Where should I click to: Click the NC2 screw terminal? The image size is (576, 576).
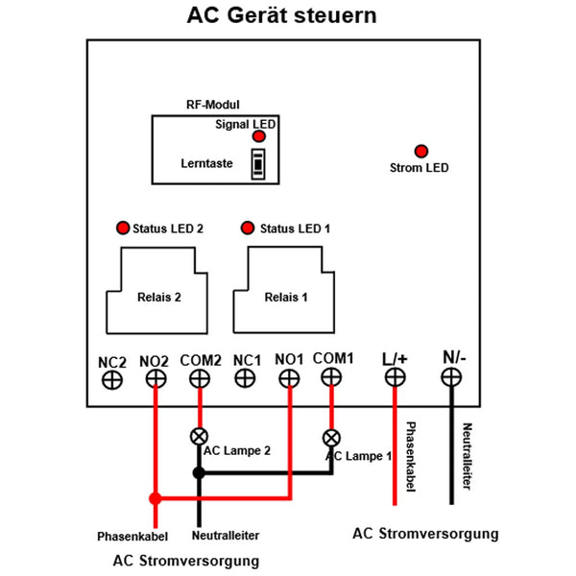pos(112,380)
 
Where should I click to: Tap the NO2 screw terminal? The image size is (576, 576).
pos(156,378)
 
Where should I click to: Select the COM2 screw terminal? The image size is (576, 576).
pos(200,378)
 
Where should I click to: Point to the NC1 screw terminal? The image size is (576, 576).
pos(245,377)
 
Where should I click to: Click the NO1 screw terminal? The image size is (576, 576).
pos(289,378)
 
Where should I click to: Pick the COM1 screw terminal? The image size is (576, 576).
pos(331,377)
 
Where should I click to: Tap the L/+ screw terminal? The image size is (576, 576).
pos(396,377)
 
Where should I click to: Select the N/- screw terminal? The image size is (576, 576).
pos(451,377)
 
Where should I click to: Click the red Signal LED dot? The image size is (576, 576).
pos(259,136)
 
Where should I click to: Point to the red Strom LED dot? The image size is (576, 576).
pos(421,151)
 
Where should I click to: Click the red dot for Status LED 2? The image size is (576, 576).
pos(123,228)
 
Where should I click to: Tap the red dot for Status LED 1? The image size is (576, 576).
pos(248,228)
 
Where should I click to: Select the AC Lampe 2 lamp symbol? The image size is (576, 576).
pos(199,437)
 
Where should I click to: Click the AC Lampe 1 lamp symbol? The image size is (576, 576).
pos(331,438)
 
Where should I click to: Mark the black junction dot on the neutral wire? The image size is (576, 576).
pos(199,472)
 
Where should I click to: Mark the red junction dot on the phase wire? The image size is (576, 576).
pos(156,498)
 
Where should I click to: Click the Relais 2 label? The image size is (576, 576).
pos(159,297)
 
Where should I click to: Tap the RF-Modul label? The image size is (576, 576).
pos(213,105)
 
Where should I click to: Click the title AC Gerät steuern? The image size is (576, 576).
pos(281,15)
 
